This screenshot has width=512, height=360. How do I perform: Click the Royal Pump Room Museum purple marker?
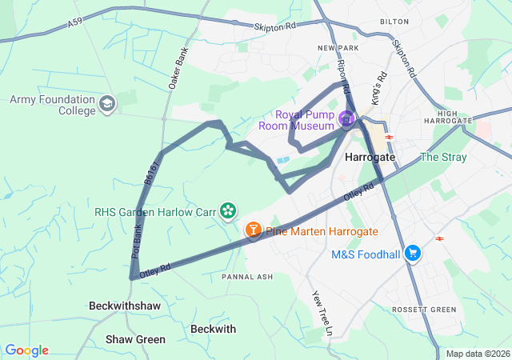pyautogui.click(x=346, y=120)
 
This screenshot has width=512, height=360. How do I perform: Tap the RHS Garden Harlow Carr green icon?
pyautogui.click(x=229, y=211)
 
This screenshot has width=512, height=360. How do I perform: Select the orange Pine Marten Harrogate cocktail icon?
pyautogui.click(x=253, y=231)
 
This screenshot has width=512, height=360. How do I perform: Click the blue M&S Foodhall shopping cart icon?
pyautogui.click(x=413, y=254)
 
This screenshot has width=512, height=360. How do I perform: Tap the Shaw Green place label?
pyautogui.click(x=135, y=339)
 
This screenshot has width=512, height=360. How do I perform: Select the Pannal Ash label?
pyautogui.click(x=247, y=277)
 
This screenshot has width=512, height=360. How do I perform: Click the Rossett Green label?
pyautogui.click(x=424, y=310)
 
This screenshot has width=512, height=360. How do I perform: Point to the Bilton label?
pyautogui.click(x=394, y=22)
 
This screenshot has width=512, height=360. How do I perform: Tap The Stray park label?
pyautogui.click(x=442, y=157)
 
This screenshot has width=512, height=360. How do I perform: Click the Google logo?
pyautogui.click(x=26, y=350)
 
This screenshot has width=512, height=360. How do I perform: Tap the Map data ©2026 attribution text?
pyautogui.click(x=477, y=354)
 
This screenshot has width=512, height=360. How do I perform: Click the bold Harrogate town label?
pyautogui.click(x=370, y=158)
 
